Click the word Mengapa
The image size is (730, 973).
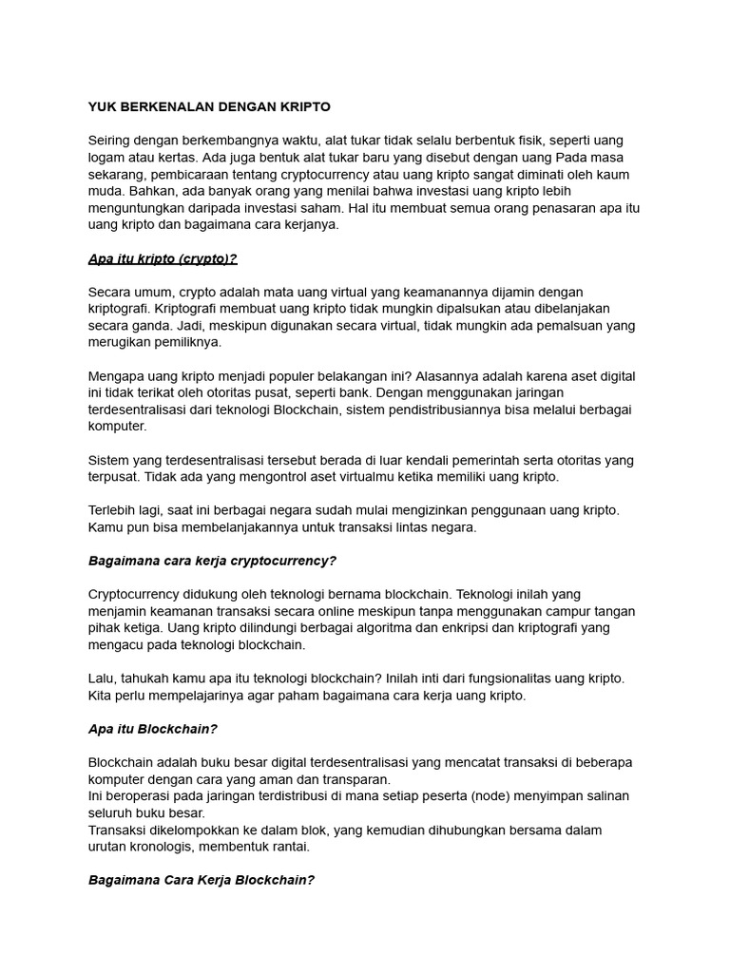(x=118, y=376)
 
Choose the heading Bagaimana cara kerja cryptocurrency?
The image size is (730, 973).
(x=213, y=561)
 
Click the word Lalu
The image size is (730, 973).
(x=102, y=678)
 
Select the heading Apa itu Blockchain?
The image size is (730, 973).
(x=154, y=729)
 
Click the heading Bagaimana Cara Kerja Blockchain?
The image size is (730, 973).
(x=201, y=880)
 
